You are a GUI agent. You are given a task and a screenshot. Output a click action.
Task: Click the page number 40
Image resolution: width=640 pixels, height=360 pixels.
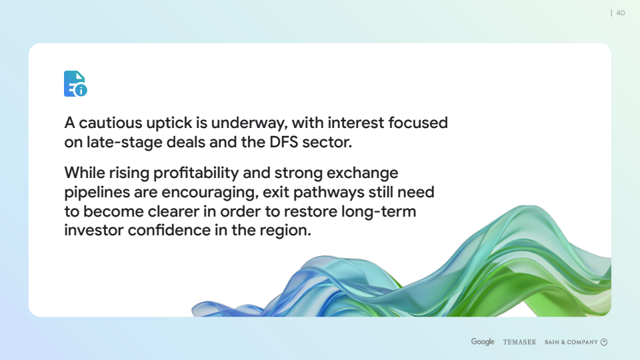[x=621, y=13]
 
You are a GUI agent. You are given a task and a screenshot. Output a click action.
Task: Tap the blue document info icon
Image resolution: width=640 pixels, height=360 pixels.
[x=75, y=84]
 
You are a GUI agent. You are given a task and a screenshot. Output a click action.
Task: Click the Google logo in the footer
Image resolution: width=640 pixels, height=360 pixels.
[x=483, y=341]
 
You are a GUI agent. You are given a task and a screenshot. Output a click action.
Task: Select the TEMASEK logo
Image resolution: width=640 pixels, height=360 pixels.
[x=519, y=342]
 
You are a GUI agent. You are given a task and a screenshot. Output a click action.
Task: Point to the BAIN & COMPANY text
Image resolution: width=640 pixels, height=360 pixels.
[x=571, y=342]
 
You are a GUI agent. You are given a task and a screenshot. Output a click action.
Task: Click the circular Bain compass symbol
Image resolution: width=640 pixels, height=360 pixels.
[x=604, y=342]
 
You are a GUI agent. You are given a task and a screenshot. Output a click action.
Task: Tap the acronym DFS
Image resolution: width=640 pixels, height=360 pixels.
[x=284, y=143]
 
